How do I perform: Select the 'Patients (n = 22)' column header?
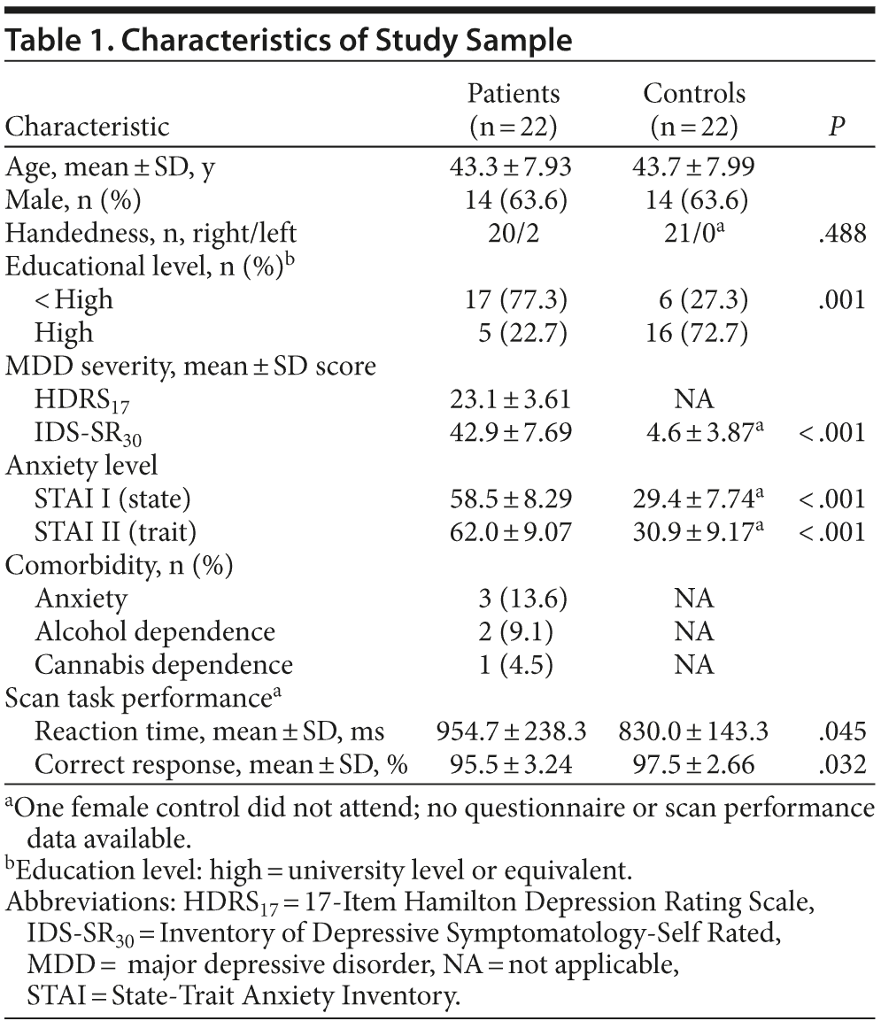513,110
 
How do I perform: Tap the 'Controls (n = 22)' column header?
693,110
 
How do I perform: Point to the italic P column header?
835,127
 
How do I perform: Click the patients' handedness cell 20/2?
513,234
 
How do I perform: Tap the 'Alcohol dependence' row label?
155,630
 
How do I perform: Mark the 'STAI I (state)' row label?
112,499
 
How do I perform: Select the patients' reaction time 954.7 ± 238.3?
513,731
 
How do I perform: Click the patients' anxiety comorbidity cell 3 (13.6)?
513,598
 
